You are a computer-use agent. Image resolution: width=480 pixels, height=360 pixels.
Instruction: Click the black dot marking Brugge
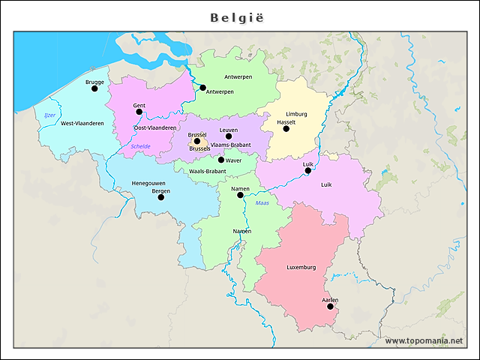[x=94, y=88]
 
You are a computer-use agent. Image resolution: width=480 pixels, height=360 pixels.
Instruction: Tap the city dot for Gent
[x=139, y=112]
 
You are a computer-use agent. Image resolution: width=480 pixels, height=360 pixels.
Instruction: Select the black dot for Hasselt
[x=286, y=129]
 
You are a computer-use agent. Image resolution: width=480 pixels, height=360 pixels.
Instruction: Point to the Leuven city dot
[x=229, y=136]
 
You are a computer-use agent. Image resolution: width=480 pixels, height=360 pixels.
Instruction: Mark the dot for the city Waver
[x=220, y=160]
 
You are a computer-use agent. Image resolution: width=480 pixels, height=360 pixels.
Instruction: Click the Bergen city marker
[x=160, y=197]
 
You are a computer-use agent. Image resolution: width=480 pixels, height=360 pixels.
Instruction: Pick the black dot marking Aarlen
[x=330, y=306]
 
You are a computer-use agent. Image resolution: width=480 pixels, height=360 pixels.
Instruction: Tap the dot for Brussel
[x=197, y=141]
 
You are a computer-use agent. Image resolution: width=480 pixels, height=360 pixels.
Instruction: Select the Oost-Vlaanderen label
[x=154, y=128]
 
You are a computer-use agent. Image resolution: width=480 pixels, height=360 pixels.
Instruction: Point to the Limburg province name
[x=296, y=114]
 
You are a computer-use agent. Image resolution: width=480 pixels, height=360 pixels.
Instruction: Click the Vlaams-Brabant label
[x=230, y=144]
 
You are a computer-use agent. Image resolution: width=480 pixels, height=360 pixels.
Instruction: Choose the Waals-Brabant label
[x=207, y=171]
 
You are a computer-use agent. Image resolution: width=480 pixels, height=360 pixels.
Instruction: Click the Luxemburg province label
[x=301, y=267]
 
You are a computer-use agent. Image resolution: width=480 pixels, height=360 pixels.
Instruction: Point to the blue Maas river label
[x=262, y=202]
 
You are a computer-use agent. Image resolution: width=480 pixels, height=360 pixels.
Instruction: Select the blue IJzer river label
[x=49, y=115]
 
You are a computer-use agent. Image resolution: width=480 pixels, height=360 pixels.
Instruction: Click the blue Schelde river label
[x=140, y=146]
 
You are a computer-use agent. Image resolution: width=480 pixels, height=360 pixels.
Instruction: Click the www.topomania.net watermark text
[x=424, y=341]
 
